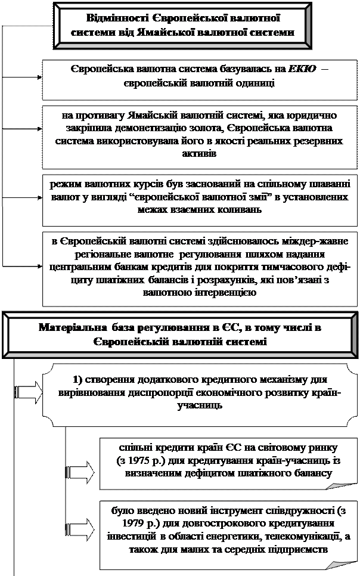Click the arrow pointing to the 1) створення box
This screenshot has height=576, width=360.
click(27, 392)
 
